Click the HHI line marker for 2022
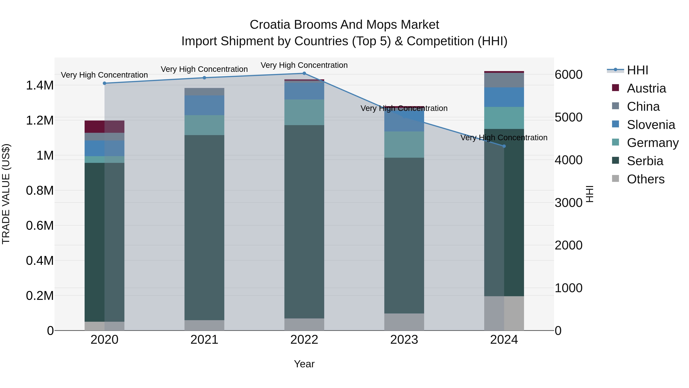tap(304, 73)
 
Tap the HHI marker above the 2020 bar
tap(104, 83)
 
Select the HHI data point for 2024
tap(504, 146)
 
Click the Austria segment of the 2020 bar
tap(104, 127)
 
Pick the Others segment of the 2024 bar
tap(504, 313)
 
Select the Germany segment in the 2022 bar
tap(304, 112)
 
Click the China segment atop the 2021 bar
tap(204, 92)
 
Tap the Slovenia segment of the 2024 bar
tap(504, 97)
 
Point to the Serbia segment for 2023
tap(404, 236)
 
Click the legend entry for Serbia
tap(645, 161)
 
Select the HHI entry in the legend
tap(637, 70)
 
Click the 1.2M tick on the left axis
tap(40, 121)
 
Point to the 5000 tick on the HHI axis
tap(568, 117)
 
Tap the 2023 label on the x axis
tap(404, 340)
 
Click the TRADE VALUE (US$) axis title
tap(6, 194)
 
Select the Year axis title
tap(304, 364)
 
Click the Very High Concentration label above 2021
tap(204, 69)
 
